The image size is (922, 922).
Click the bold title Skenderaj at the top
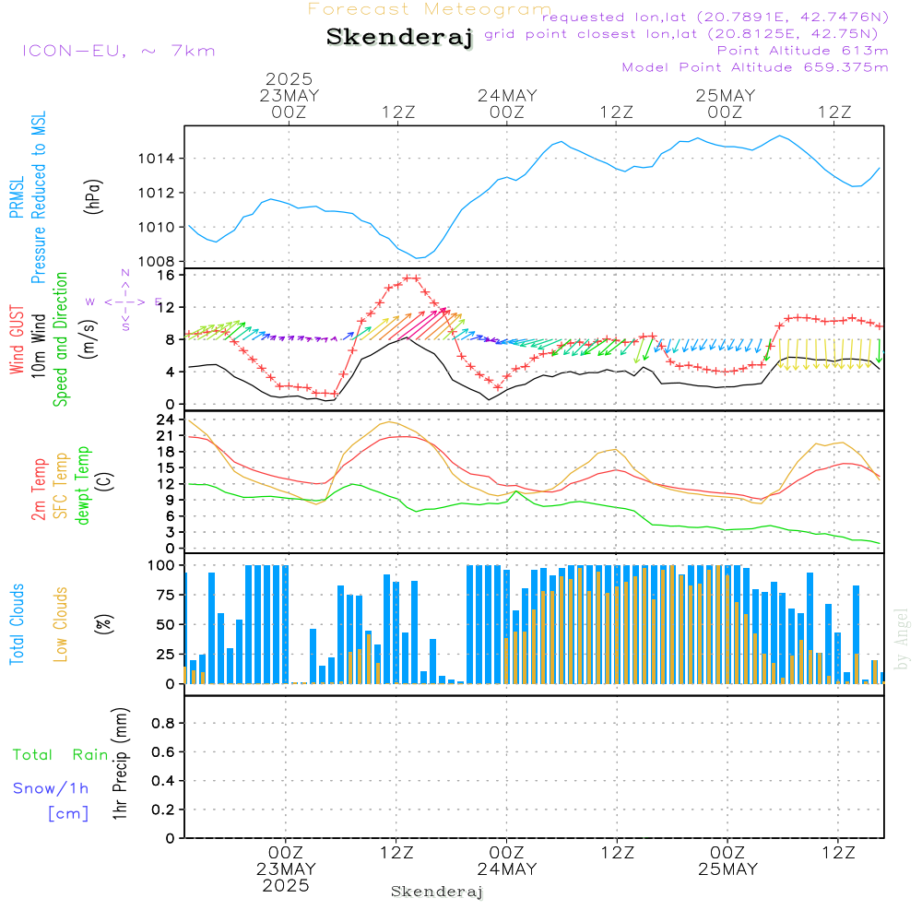(x=399, y=37)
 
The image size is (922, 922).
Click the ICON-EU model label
(x=118, y=51)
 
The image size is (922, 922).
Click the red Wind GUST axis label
(x=17, y=341)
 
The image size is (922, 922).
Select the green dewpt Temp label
(x=83, y=486)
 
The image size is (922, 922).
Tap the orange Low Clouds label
(x=62, y=622)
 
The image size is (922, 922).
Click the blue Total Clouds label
(x=17, y=624)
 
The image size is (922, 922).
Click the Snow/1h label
(x=51, y=788)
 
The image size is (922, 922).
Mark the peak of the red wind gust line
(x=410, y=278)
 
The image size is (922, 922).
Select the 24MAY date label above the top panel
(x=507, y=96)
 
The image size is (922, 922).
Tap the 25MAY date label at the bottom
(x=727, y=869)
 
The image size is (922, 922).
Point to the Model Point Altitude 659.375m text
(x=755, y=67)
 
